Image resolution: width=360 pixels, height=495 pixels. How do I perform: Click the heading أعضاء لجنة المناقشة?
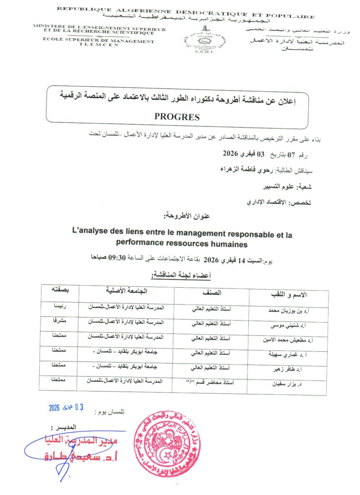[x=180, y=276]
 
